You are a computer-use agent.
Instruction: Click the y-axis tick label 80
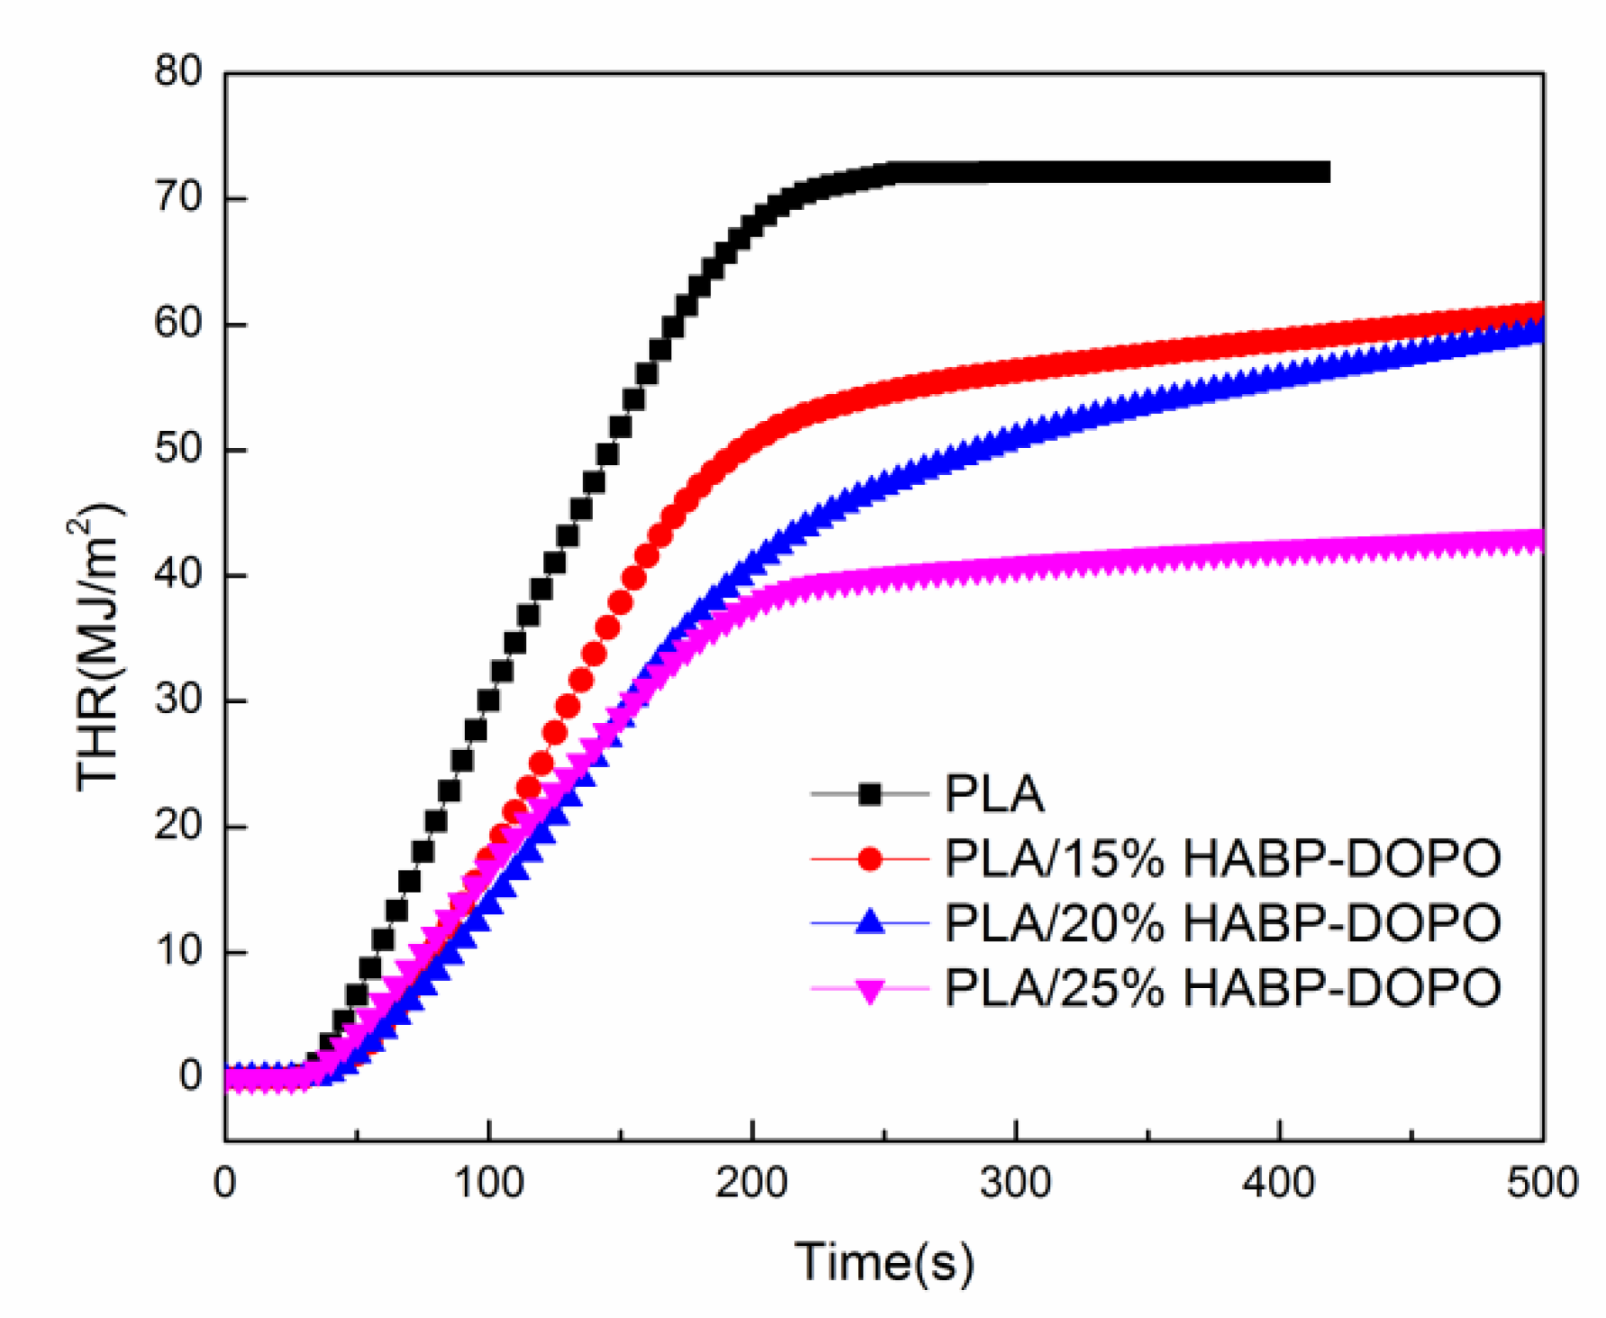click(178, 71)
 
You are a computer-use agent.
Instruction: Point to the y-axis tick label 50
click(178, 449)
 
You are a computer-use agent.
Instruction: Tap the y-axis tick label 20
click(178, 825)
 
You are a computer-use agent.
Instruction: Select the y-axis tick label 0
click(190, 1075)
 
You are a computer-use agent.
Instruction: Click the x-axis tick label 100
click(488, 1183)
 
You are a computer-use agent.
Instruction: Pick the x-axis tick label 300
click(1016, 1183)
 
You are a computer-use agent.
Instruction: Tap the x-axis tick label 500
click(1542, 1183)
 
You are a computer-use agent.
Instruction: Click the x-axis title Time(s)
click(884, 1261)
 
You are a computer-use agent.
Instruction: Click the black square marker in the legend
click(870, 794)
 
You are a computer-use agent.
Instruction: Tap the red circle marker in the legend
click(870, 859)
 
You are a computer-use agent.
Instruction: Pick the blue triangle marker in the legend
click(870, 922)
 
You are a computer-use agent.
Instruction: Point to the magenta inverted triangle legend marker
click(870, 990)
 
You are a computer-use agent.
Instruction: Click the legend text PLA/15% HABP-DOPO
click(1223, 859)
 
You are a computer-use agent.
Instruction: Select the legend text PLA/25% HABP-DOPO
click(1223, 988)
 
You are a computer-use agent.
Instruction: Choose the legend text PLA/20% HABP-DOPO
click(1223, 923)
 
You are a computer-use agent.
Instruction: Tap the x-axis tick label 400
click(1279, 1183)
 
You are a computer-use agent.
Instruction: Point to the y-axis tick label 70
click(178, 197)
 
